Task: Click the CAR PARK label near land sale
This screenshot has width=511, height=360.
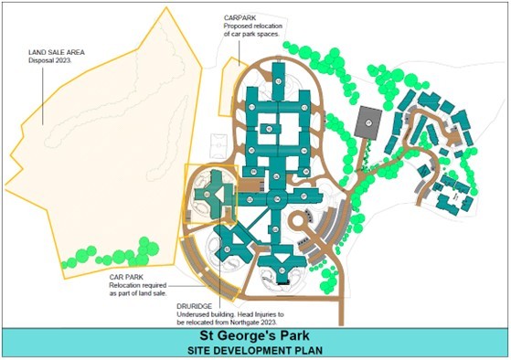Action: [x=128, y=275]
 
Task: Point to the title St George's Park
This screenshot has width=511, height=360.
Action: [x=255, y=335]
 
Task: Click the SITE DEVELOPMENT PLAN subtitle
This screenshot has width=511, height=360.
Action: [x=255, y=350]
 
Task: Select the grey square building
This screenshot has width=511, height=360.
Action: [x=368, y=118]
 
